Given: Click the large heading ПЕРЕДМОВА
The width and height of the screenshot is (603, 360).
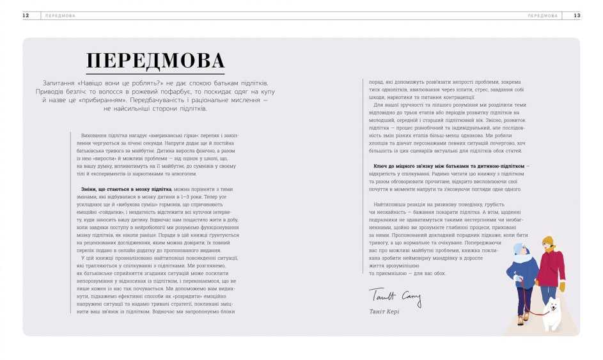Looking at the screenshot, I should pyautogui.click(x=155, y=61).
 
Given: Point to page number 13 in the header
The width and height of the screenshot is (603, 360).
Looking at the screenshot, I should pyautogui.click(x=577, y=15).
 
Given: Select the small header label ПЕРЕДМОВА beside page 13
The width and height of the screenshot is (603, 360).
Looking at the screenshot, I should pyautogui.click(x=542, y=15).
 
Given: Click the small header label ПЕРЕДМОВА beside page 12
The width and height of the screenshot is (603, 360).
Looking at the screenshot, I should pyautogui.click(x=60, y=15).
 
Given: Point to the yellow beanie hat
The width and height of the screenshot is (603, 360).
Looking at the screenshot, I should pyautogui.click(x=547, y=241).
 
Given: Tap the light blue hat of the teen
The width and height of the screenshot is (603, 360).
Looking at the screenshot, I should pyautogui.click(x=518, y=248).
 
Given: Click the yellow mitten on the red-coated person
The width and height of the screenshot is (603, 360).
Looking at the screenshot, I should pyautogui.click(x=562, y=286).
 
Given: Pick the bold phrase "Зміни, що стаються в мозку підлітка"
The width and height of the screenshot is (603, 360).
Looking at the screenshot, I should pyautogui.click(x=127, y=189).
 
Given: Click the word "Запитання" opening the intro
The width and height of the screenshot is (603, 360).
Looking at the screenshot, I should pyautogui.click(x=59, y=84).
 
